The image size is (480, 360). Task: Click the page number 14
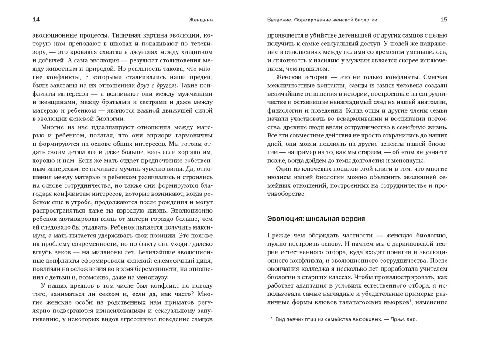tap(36, 20)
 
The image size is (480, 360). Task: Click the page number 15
tap(444, 20)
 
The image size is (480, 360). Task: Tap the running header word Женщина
tap(201, 20)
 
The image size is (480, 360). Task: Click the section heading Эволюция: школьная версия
tap(316, 219)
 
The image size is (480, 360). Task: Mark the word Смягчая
tap(432, 77)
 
